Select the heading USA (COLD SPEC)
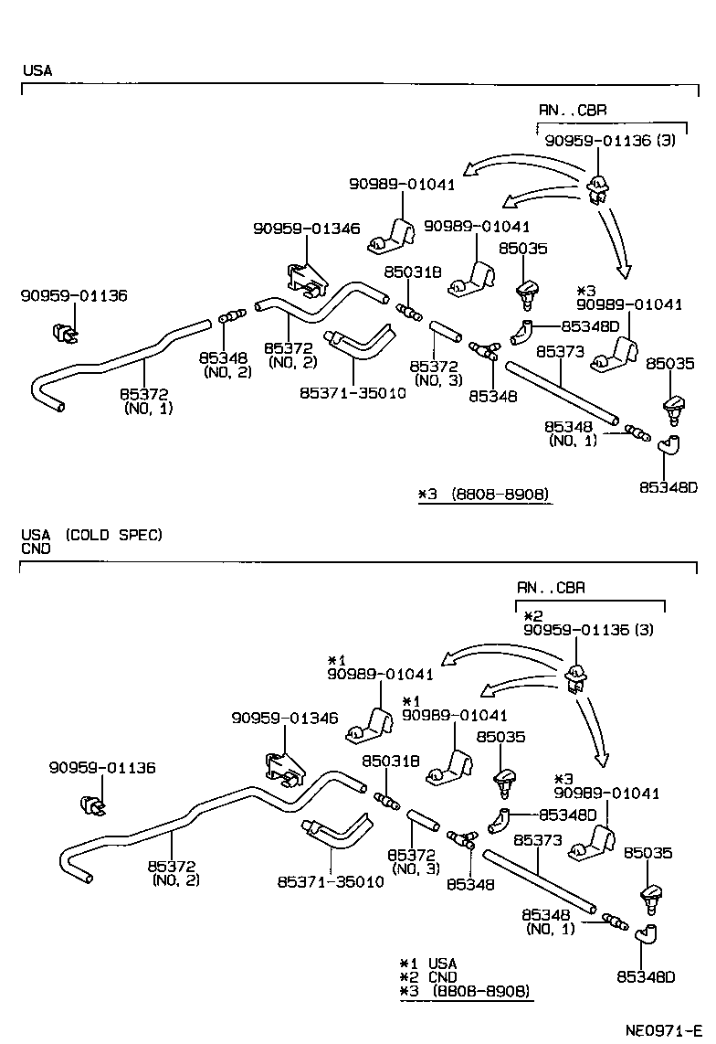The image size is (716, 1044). [x=91, y=535]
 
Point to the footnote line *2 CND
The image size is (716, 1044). [x=428, y=977]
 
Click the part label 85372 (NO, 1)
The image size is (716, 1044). [x=146, y=400]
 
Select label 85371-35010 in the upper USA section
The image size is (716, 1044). [x=353, y=393]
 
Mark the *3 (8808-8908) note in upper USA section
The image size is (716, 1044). [x=484, y=495]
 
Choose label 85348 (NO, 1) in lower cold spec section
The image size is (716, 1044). [x=547, y=921]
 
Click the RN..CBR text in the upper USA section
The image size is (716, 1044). [x=572, y=110]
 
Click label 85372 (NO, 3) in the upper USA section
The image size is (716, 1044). [x=437, y=372]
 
